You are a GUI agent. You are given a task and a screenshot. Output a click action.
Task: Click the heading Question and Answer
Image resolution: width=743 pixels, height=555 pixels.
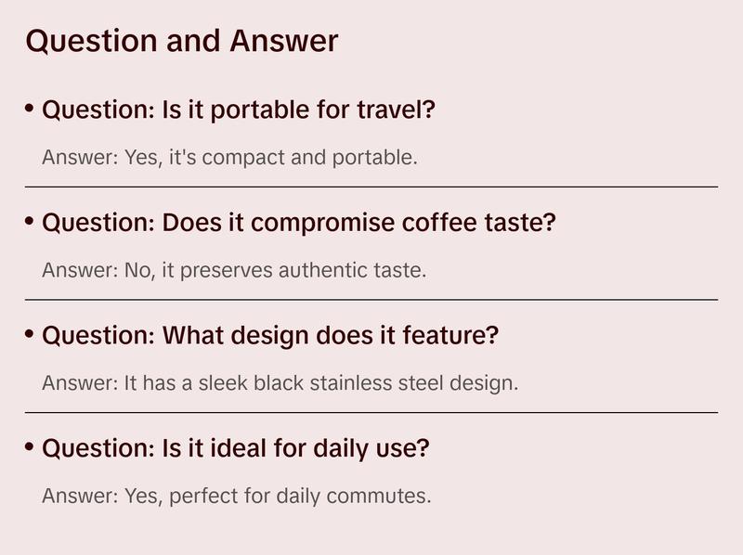(x=181, y=42)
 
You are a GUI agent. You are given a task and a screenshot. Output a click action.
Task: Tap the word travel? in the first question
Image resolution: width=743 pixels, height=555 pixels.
(x=397, y=110)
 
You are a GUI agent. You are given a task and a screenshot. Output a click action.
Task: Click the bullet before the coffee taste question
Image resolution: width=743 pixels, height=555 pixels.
(x=30, y=222)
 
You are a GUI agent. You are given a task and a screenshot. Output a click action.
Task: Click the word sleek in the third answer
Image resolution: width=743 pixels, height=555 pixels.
(x=220, y=383)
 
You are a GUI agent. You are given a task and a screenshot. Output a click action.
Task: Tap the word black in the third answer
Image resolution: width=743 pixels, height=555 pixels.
(x=274, y=383)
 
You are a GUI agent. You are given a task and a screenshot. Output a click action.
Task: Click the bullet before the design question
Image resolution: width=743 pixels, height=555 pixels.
(x=30, y=334)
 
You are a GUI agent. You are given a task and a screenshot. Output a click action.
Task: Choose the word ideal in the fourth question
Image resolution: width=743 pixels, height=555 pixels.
(x=236, y=449)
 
